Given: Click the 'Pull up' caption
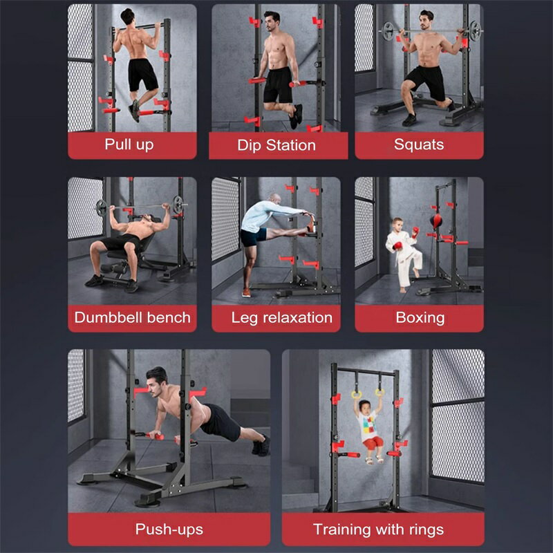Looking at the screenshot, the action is (x=129, y=144).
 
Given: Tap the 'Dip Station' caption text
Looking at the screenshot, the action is (x=276, y=145).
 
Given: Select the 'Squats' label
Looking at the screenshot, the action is (x=419, y=144).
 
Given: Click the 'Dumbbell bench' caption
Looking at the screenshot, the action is (x=132, y=317).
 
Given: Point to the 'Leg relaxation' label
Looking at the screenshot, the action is (x=282, y=318).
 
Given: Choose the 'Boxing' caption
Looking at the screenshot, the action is (x=420, y=318).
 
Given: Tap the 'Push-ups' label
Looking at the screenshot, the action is (x=169, y=529).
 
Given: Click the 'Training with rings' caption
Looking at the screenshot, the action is (x=378, y=529).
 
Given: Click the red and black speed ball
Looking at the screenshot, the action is (x=436, y=221).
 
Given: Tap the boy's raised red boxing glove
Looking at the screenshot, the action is (x=415, y=232).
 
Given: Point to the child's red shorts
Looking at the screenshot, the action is (x=373, y=442).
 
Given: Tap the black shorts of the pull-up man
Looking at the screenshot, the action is (x=142, y=75).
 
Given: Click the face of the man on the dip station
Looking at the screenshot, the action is (x=270, y=23).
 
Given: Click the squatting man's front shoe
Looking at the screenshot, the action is (x=409, y=120).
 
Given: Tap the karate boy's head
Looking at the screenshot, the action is (x=397, y=224).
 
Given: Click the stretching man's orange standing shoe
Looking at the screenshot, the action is (x=247, y=292).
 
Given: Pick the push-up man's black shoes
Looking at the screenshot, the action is (x=261, y=445).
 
